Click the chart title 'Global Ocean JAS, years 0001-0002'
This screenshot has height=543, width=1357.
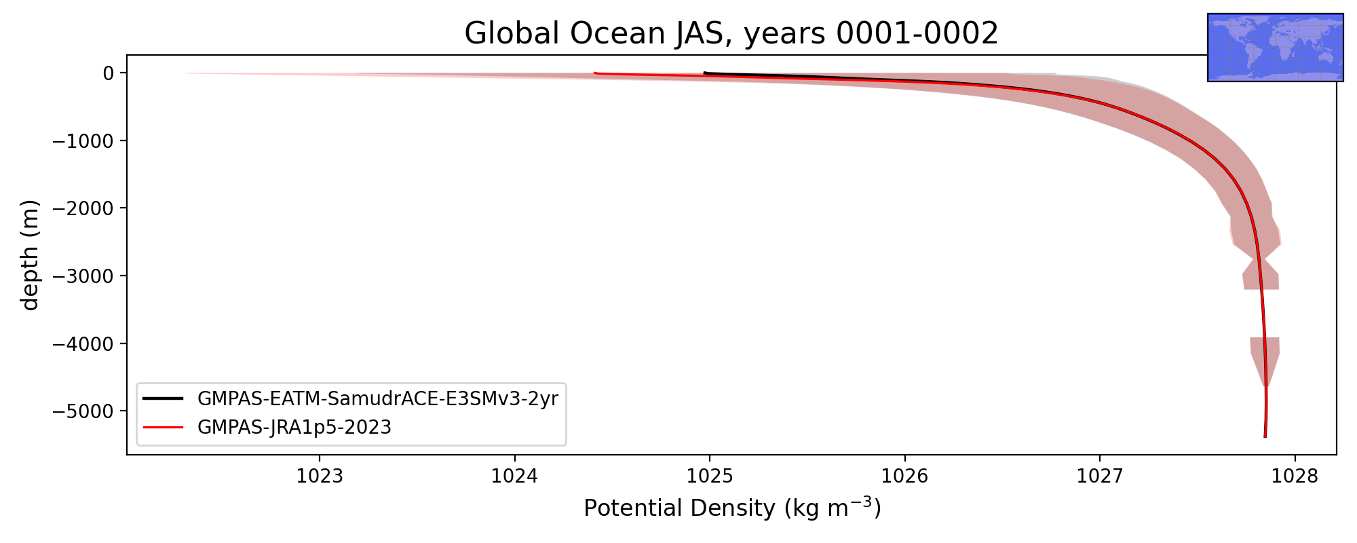pyautogui.click(x=731, y=33)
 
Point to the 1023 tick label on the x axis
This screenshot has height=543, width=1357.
pyautogui.click(x=320, y=476)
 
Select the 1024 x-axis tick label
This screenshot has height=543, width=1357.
pyautogui.click(x=515, y=476)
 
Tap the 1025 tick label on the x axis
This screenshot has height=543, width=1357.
pyautogui.click(x=710, y=476)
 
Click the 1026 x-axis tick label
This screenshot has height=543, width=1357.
pyautogui.click(x=905, y=476)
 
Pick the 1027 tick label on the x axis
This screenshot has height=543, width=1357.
pyautogui.click(x=1100, y=476)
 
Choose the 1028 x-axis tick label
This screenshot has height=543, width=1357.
pyautogui.click(x=1295, y=476)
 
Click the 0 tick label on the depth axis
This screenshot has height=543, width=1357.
pyautogui.click(x=108, y=73)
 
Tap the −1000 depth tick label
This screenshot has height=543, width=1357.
pyautogui.click(x=83, y=141)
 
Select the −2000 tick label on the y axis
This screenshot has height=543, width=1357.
pyautogui.click(x=83, y=208)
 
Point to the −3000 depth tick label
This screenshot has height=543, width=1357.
pyautogui.click(x=83, y=276)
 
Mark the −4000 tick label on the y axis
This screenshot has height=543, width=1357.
pyautogui.click(x=83, y=343)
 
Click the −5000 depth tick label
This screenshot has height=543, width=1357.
pyautogui.click(x=83, y=411)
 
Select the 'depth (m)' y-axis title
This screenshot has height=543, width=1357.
pyautogui.click(x=31, y=255)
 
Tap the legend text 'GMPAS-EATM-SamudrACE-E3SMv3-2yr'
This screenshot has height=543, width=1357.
pyautogui.click(x=378, y=399)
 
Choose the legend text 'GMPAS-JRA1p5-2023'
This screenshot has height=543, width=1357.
pyautogui.click(x=294, y=428)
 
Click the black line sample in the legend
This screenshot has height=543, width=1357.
pyautogui.click(x=164, y=399)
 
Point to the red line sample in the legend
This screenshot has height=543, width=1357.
pyautogui.click(x=164, y=428)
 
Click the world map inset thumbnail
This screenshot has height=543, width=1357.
pyautogui.click(x=1276, y=48)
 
